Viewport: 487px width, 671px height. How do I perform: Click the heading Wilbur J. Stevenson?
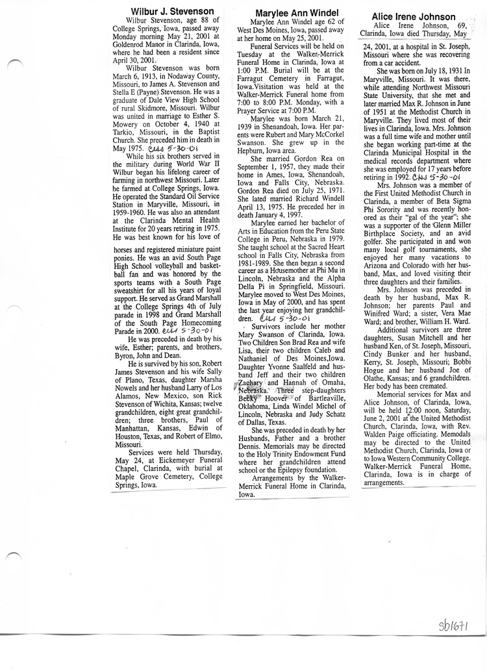[x=172, y=11]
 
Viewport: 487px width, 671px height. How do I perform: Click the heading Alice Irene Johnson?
[x=413, y=17]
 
